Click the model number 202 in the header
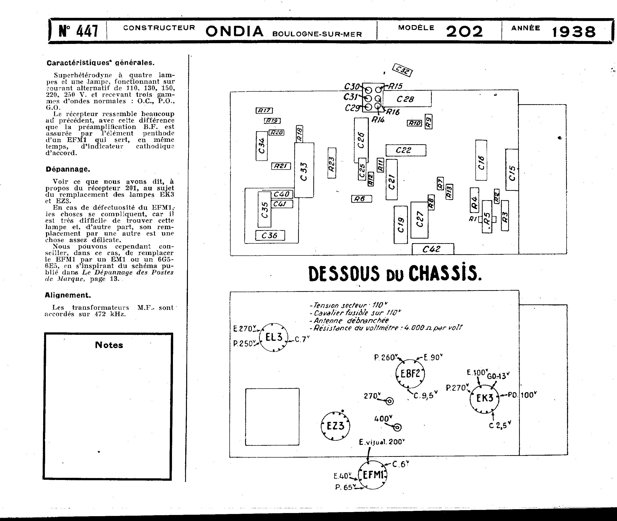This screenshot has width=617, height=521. click(x=464, y=32)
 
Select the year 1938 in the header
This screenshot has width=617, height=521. click(x=574, y=32)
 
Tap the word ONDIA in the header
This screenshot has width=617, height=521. click(x=234, y=31)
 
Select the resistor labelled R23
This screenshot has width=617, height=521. click(x=332, y=163)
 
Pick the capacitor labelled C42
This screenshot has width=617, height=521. click(x=432, y=249)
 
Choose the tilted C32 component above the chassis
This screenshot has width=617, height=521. click(x=402, y=70)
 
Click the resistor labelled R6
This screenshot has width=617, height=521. click(x=361, y=199)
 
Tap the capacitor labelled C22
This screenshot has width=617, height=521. click(x=405, y=150)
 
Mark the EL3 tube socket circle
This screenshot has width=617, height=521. click(x=274, y=337)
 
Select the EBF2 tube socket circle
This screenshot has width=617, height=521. click(x=410, y=374)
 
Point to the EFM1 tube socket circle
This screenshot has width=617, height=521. click(x=372, y=475)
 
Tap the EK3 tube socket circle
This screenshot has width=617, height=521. click(x=484, y=398)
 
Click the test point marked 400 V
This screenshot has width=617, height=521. click(x=398, y=427)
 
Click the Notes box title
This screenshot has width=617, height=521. click(x=109, y=345)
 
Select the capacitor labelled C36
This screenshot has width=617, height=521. click(x=270, y=235)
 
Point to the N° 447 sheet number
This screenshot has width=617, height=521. click(x=78, y=31)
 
